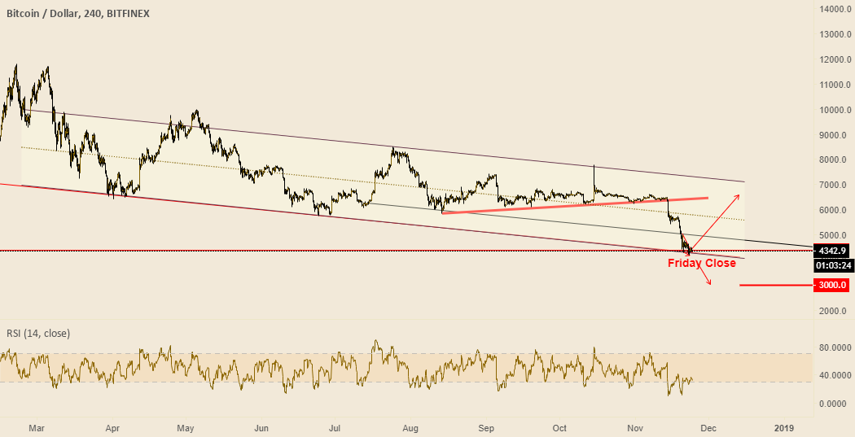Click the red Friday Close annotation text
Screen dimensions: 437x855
pyautogui.click(x=701, y=263)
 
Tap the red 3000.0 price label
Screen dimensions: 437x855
pyautogui.click(x=832, y=285)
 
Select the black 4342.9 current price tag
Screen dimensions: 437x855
pyautogui.click(x=832, y=251)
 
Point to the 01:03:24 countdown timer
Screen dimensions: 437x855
pyautogui.click(x=833, y=265)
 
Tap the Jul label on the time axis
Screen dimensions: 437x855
pyautogui.click(x=335, y=427)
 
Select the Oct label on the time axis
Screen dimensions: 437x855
pyautogui.click(x=559, y=427)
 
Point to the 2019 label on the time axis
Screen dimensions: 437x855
pyautogui.click(x=784, y=427)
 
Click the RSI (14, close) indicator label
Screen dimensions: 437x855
pyautogui.click(x=38, y=333)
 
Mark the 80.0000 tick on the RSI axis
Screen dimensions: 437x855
pyautogui.click(x=835, y=347)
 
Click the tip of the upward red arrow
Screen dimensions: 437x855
pyautogui.click(x=740, y=194)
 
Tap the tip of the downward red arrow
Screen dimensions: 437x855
pyautogui.click(x=712, y=284)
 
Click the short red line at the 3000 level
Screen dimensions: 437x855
pyautogui.click(x=774, y=286)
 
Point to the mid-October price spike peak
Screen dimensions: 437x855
pyautogui.click(x=594, y=166)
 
